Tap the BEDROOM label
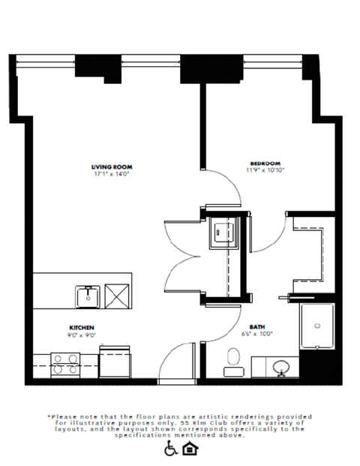pyautogui.click(x=265, y=163)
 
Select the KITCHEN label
pyautogui.click(x=82, y=328)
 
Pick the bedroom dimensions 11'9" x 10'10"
pyautogui.click(x=265, y=170)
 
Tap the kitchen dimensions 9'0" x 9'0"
pyautogui.click(x=82, y=335)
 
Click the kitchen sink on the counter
pyautogui.click(x=88, y=296)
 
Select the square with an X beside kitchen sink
pyautogui.click(x=118, y=296)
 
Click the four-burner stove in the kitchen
pyautogui.click(x=61, y=364)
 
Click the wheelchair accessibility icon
pyautogui.click(x=171, y=448)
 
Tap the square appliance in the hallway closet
pyautogui.click(x=221, y=233)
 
